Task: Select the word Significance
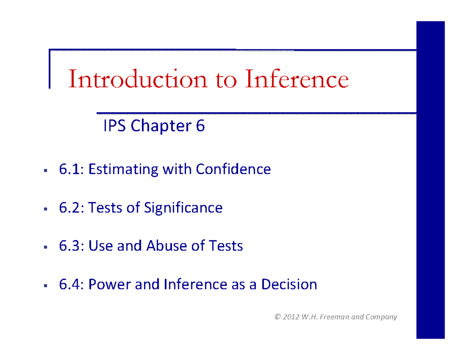pyautogui.click(x=183, y=208)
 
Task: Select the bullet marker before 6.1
pyautogui.click(x=45, y=170)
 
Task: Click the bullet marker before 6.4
pyautogui.click(x=45, y=285)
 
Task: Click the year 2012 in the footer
pyautogui.click(x=291, y=317)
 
